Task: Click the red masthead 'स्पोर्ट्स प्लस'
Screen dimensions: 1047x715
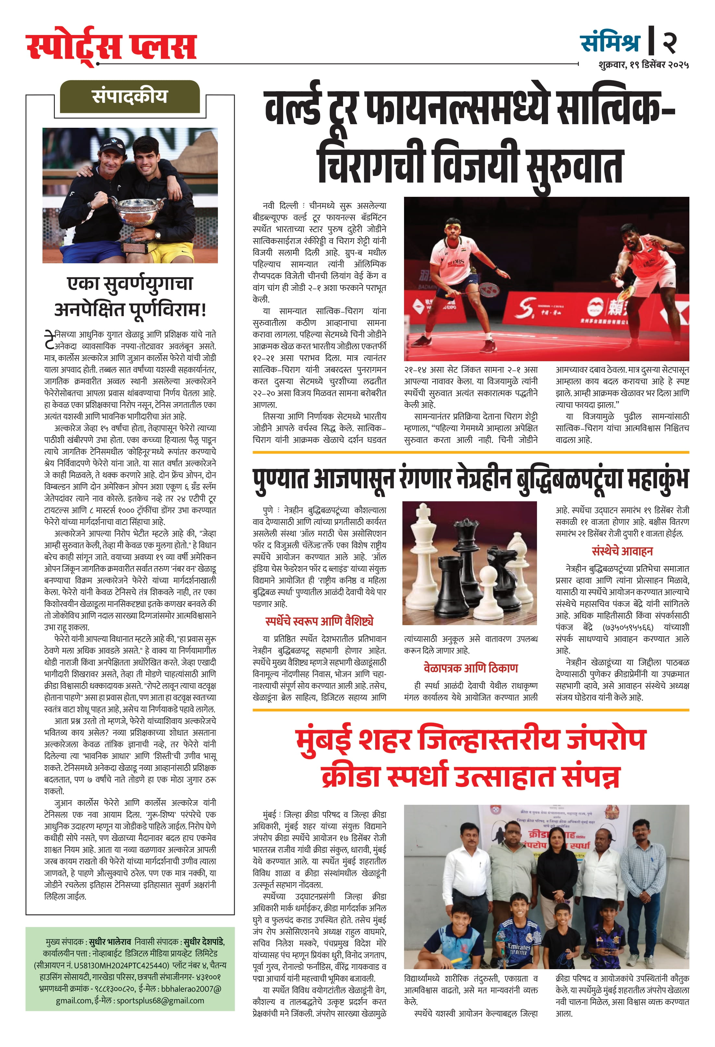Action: (x=111, y=46)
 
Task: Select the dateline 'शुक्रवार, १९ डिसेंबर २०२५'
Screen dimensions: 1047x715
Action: (x=643, y=65)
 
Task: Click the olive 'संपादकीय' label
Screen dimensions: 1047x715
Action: (x=130, y=96)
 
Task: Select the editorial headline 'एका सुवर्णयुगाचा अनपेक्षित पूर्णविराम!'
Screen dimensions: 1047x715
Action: (x=130, y=296)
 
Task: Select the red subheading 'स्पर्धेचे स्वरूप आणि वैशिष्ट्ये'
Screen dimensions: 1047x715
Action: (x=319, y=621)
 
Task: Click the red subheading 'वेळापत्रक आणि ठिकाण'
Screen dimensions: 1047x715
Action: (x=471, y=668)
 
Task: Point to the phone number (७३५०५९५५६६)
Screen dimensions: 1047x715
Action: (x=627, y=627)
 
